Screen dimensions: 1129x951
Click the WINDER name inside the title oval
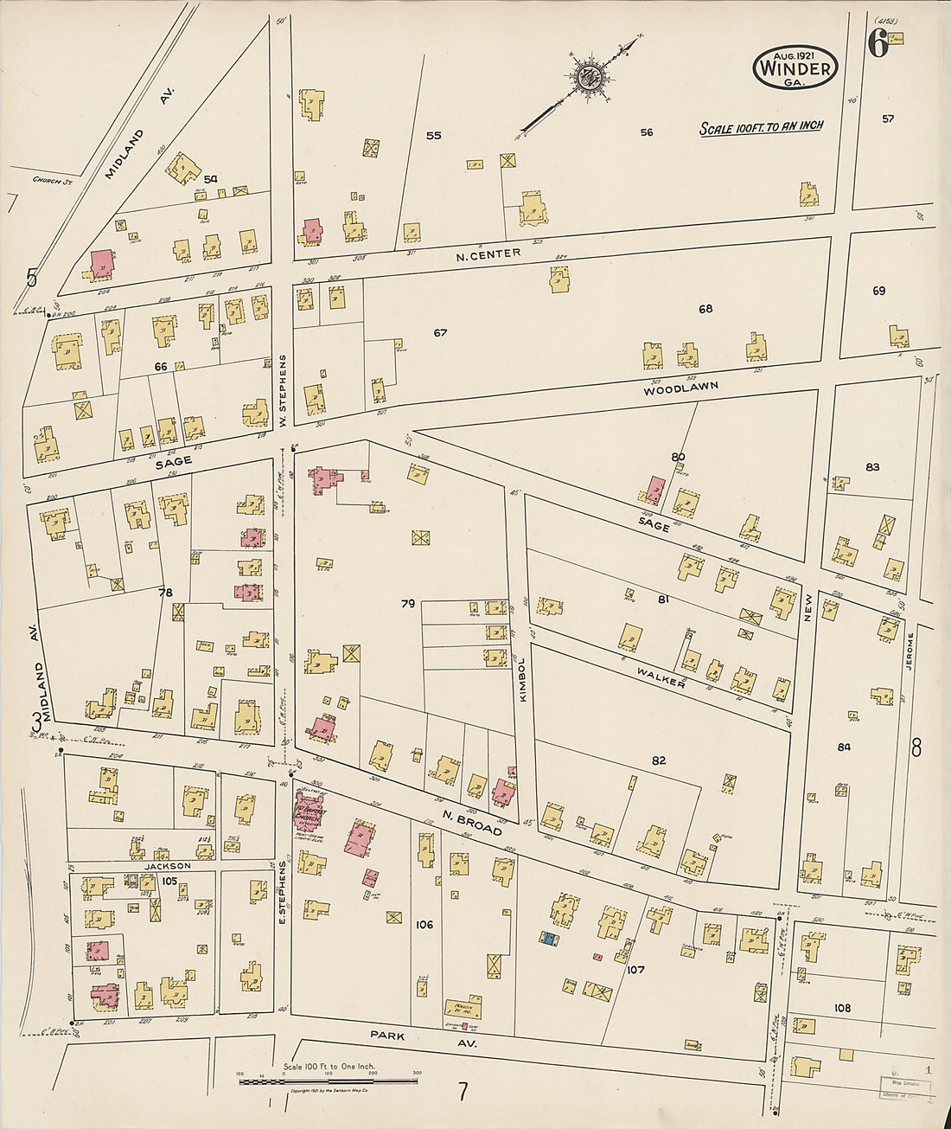[x=795, y=68]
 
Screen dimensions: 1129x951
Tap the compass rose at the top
[x=591, y=76]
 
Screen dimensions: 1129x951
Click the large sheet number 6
[x=878, y=44]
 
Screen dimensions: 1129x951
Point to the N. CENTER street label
[x=488, y=253]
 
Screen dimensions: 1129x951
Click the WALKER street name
[x=661, y=677]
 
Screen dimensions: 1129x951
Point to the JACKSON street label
[x=168, y=865]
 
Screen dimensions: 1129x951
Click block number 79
[x=407, y=604]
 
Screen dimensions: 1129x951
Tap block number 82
[x=659, y=760]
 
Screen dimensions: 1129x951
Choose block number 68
[x=705, y=309]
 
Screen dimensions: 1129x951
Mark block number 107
[x=635, y=969]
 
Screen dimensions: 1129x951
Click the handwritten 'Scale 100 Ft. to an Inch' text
[x=761, y=127]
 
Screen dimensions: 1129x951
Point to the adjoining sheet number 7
[x=463, y=1093]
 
